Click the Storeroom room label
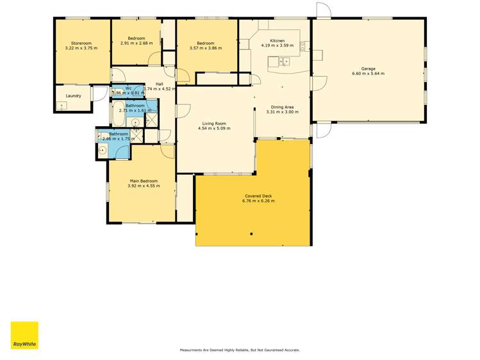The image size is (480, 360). (x=81, y=43)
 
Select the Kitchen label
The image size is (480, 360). (x=277, y=40)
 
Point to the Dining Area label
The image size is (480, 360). (x=282, y=107)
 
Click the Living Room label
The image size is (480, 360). (x=215, y=124)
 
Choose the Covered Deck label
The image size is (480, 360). (x=258, y=195)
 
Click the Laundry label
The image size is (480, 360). (x=73, y=96)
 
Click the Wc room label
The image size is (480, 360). (x=128, y=88)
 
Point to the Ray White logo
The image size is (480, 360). (x=24, y=335)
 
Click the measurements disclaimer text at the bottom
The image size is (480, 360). (x=240, y=350)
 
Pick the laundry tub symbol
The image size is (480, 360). (x=62, y=104)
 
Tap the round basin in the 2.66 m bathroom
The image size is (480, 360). (x=103, y=151)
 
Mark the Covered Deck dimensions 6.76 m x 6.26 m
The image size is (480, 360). (x=258, y=201)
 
